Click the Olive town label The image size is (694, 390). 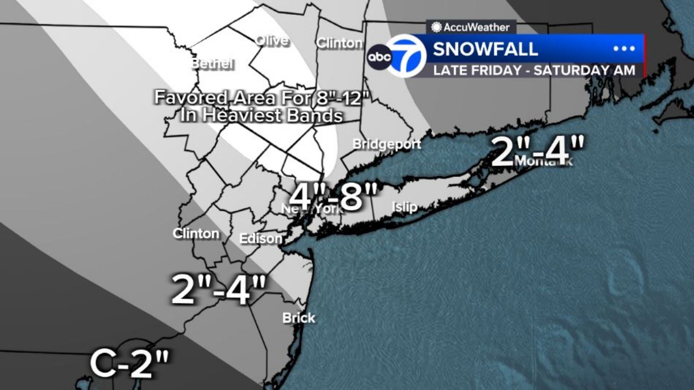click(x=272, y=41)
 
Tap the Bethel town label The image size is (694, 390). click(x=212, y=64)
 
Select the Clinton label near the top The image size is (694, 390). click(x=339, y=43)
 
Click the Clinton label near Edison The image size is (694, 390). click(x=196, y=234)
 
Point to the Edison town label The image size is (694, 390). click(x=261, y=238)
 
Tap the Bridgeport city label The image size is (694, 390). click(x=387, y=144)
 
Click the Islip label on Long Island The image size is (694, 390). click(x=404, y=207)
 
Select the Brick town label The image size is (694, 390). click(x=299, y=318)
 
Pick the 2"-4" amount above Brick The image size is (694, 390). click(x=219, y=290)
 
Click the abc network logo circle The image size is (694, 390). click(x=379, y=57)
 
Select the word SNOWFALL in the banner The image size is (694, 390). click(x=485, y=49)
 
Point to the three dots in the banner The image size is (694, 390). click(x=624, y=49)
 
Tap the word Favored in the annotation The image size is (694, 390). click(x=190, y=97)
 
